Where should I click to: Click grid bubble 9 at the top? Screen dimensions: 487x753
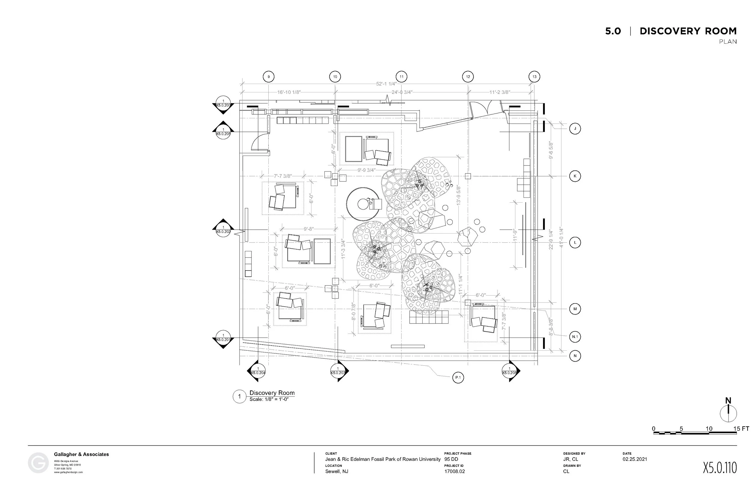[x=269, y=77]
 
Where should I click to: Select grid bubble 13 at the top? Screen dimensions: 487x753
[x=534, y=77]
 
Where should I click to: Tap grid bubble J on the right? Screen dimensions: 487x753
[x=575, y=129]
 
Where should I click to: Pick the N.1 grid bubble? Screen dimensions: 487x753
[x=575, y=337]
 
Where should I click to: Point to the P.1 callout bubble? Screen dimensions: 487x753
[x=458, y=377]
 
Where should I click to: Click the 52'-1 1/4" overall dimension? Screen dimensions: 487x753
[x=386, y=84]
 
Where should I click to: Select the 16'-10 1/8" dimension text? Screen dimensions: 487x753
[x=289, y=92]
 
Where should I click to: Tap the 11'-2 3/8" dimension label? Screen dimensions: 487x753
[x=500, y=92]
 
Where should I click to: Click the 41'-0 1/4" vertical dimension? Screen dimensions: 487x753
[x=561, y=237]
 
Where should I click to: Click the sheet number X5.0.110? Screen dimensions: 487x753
[x=720, y=468]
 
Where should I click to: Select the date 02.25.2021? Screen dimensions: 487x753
[x=635, y=459]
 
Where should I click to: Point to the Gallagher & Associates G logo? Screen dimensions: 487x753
[x=38, y=463]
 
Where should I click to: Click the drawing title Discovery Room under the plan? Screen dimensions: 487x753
[x=272, y=393]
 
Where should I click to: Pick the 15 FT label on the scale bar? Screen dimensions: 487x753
[x=741, y=429]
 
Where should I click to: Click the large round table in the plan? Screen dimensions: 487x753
[x=363, y=204]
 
